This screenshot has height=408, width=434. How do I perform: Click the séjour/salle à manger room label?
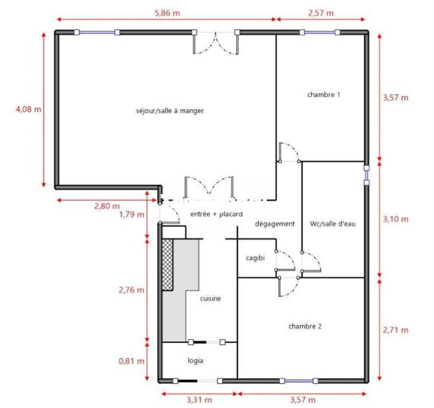tap(166, 111)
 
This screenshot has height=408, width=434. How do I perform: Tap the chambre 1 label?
tap(324, 94)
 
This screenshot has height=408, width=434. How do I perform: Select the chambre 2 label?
tap(305, 326)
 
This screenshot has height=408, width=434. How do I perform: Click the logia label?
tap(197, 361)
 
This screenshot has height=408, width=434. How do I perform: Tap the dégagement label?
tap(275, 224)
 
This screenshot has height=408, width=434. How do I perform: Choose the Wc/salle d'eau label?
tap(333, 224)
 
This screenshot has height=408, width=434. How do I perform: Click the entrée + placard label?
tap(215, 213)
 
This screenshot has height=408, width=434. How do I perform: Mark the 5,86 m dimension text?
tap(166, 12)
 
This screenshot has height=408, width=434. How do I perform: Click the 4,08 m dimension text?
tap(28, 109)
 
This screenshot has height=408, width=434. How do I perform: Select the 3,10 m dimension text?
tap(395, 219)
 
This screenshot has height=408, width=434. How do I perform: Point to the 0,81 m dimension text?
tap(131, 361)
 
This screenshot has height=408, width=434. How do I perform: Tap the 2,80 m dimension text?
tap(107, 206)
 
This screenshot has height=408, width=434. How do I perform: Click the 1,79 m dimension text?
tap(131, 215)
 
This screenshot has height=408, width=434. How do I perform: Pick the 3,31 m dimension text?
tap(199, 400)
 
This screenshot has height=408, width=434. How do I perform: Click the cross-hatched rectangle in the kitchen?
tap(168, 264)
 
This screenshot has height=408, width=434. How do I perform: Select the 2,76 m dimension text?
tap(131, 290)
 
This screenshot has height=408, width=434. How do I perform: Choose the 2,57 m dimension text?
tap(321, 12)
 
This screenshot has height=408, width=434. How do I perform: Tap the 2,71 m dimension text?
tap(395, 330)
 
